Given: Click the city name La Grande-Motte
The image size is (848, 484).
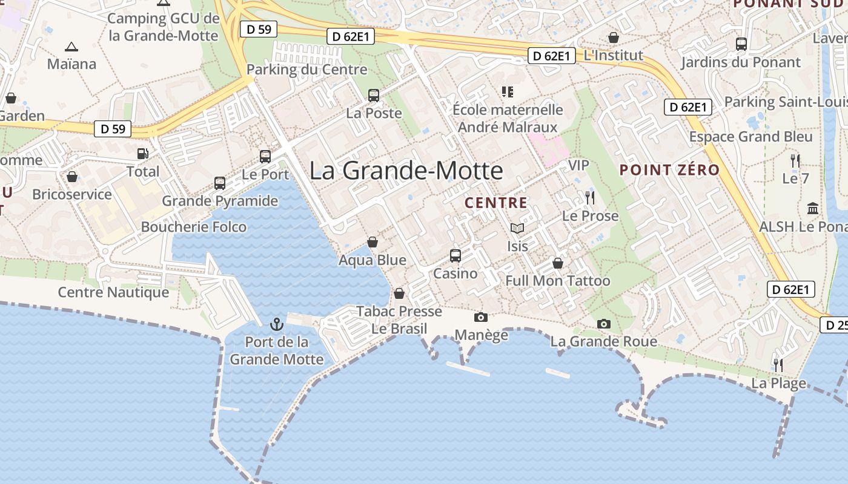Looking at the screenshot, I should tap(406, 171).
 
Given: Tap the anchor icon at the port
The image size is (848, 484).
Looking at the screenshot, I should tap(277, 324).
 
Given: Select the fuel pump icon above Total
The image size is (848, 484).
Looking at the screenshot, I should tap(143, 154).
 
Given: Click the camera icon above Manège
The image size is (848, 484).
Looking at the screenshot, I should tap(481, 317).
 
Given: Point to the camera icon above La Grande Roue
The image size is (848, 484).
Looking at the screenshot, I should tap(603, 324).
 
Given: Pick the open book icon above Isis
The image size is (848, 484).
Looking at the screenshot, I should tap(517, 228).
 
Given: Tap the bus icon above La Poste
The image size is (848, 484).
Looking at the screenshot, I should tap(374, 95).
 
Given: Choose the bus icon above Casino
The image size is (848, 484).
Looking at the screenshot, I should tap(455, 255).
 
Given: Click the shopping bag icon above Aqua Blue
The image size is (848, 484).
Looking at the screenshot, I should tap(373, 242).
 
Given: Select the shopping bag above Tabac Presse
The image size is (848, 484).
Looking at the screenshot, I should tap(399, 293).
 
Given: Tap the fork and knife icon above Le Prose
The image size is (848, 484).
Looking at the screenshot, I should tap(590, 197).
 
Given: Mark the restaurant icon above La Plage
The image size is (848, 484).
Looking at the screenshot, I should tap(778, 365).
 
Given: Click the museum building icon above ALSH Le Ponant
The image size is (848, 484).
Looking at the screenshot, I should tap(813, 209).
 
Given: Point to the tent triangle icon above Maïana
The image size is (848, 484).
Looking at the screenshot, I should tap(71, 46).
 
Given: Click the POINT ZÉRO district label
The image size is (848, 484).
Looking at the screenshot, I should tap(670, 170).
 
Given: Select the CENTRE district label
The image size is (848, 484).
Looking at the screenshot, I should tap(495, 203).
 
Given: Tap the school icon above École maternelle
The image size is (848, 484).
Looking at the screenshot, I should tap(507, 92).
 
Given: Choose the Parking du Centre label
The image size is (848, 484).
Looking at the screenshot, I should tap(307, 70).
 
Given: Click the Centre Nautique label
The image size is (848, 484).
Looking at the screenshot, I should tap(113, 293).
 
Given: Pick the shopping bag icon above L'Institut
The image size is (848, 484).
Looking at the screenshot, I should tap(614, 38).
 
